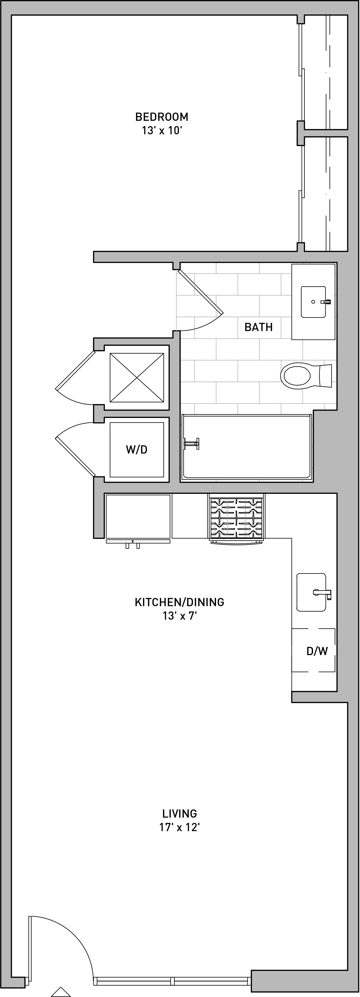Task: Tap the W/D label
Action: click(x=137, y=449)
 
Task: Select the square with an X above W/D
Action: click(x=137, y=377)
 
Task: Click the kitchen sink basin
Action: click(x=311, y=592)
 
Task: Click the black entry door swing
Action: click(x=54, y=952)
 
